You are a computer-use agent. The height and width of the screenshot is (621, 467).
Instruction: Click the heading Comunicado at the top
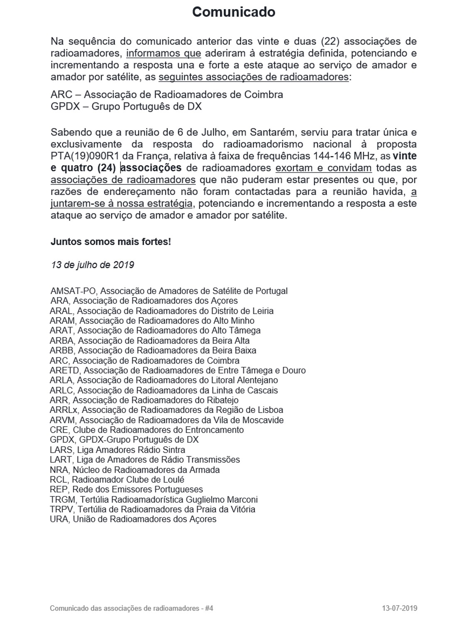click(x=233, y=12)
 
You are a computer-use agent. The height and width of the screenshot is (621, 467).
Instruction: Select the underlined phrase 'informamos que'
click(x=164, y=53)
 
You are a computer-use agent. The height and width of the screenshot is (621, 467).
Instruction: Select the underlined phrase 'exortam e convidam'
click(x=323, y=168)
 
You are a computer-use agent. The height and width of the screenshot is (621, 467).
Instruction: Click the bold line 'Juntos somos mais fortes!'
click(x=110, y=242)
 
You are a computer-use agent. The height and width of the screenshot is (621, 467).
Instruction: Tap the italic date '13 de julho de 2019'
click(x=93, y=265)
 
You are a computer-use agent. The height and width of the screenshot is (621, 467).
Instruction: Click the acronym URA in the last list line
click(x=59, y=519)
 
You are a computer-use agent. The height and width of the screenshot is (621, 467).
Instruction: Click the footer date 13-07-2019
click(x=399, y=609)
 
